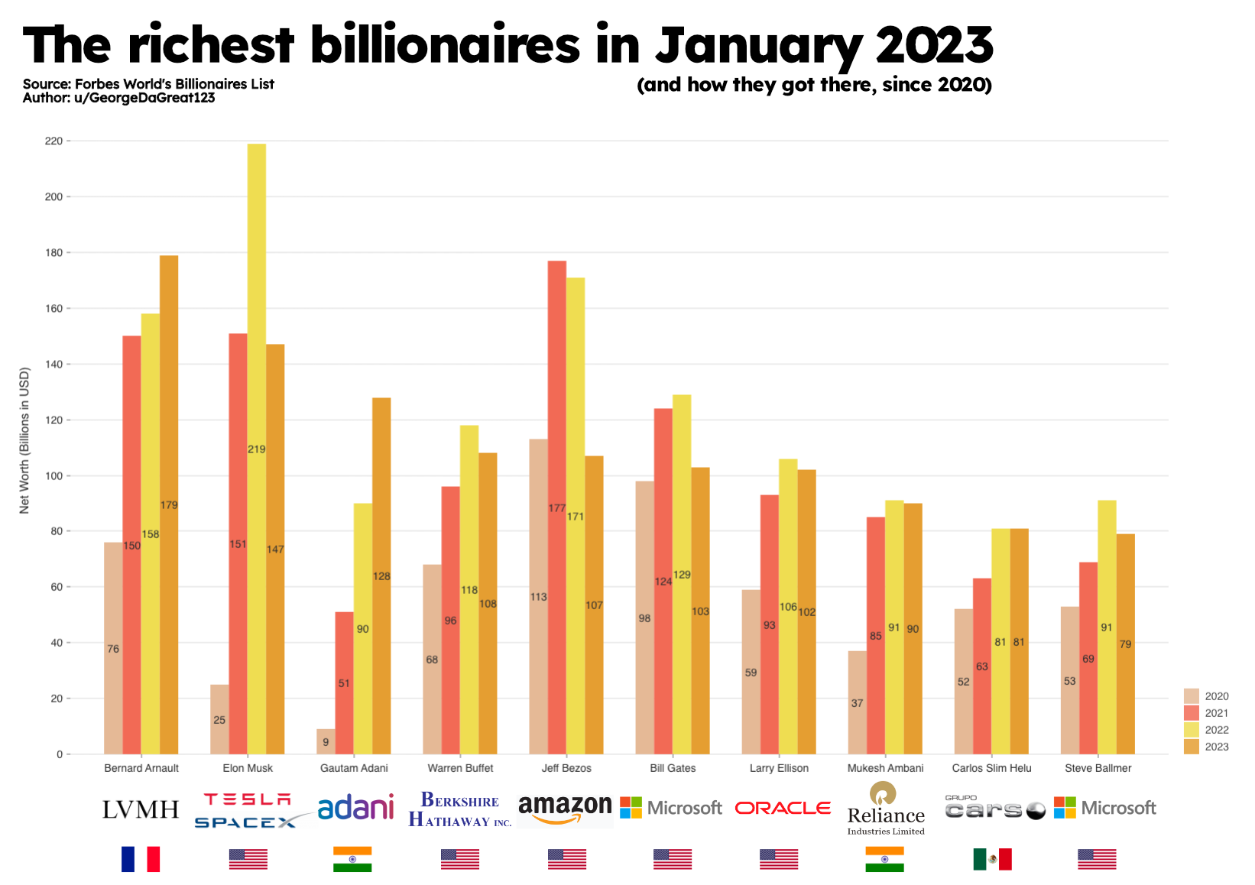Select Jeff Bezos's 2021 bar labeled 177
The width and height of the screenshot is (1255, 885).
[557, 507]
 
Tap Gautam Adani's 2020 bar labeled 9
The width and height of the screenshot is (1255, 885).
[326, 741]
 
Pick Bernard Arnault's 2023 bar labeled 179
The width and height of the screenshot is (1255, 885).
[169, 504]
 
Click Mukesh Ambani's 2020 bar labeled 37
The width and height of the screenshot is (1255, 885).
[857, 702]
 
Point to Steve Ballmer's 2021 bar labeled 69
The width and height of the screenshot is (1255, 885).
[1088, 658]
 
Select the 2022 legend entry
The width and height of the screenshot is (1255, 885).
[1207, 730]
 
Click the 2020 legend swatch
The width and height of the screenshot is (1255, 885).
[1192, 696]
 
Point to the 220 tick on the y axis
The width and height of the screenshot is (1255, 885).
[54, 141]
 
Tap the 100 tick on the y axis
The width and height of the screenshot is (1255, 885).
[54, 475]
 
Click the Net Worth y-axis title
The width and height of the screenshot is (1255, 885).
[24, 441]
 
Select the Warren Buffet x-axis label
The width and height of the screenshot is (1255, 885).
[460, 768]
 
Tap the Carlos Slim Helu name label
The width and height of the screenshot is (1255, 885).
[991, 768]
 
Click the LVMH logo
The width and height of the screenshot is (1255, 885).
[141, 809]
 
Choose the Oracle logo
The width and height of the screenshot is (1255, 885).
[783, 808]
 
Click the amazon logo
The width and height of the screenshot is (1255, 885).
[565, 809]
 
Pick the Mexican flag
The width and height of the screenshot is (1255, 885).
[992, 859]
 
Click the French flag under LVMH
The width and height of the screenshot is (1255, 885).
[141, 859]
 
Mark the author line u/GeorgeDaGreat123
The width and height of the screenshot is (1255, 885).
[118, 98]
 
